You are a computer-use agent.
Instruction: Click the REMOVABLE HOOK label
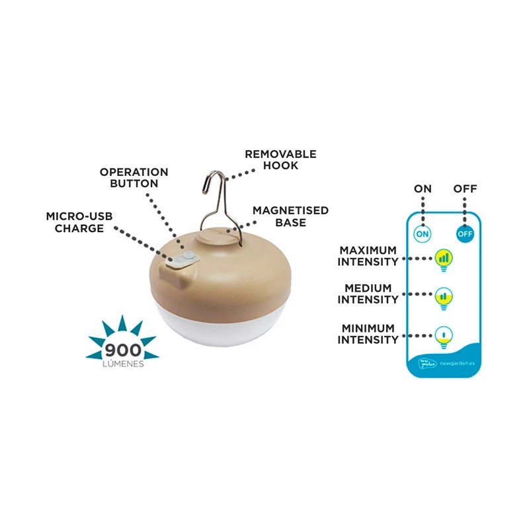click(x=280, y=159)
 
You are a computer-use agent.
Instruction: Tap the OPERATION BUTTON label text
click(x=134, y=177)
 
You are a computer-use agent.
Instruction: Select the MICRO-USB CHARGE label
click(x=75, y=222)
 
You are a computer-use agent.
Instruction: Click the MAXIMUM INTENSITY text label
click(x=368, y=256)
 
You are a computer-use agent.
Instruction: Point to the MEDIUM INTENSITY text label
click(x=368, y=294)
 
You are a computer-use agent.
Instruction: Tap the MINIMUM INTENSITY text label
click(x=368, y=334)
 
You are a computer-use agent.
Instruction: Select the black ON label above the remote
click(x=423, y=189)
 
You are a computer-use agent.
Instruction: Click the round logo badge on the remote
click(x=421, y=363)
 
